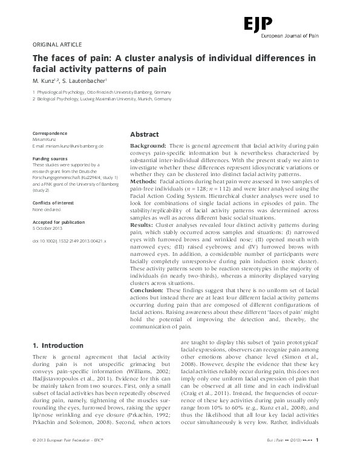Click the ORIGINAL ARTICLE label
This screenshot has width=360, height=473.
56,45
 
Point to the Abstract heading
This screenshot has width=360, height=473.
145,135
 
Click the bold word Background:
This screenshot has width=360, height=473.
149,147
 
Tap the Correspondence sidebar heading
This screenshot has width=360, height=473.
50,133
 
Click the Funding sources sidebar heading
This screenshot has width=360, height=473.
50,158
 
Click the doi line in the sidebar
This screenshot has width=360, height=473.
70,240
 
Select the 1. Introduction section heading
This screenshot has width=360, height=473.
58,346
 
